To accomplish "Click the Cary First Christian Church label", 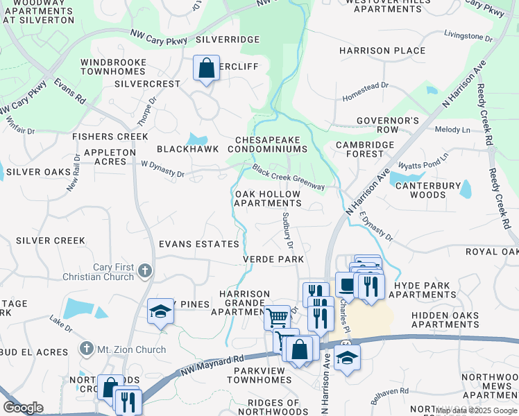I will click(x=114, y=272).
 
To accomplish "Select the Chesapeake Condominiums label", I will click(x=270, y=144).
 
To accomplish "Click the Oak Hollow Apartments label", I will click(x=268, y=198).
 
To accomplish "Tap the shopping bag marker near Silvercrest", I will click(x=206, y=68).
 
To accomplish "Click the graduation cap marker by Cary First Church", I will click(x=160, y=312).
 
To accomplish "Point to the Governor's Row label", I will click(x=388, y=125).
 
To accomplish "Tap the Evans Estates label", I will click(x=198, y=244).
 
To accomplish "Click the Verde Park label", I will click(x=273, y=259).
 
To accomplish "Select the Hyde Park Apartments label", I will click(x=423, y=290).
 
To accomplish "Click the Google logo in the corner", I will click(x=24, y=408).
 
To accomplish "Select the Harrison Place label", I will click(x=382, y=51).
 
